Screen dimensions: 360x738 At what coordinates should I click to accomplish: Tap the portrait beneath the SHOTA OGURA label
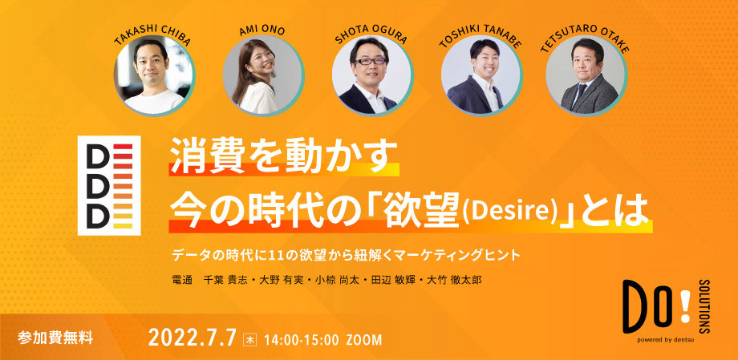click(x=368, y=78)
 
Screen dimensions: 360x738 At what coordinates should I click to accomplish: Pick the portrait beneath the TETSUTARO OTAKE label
click(x=586, y=78)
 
